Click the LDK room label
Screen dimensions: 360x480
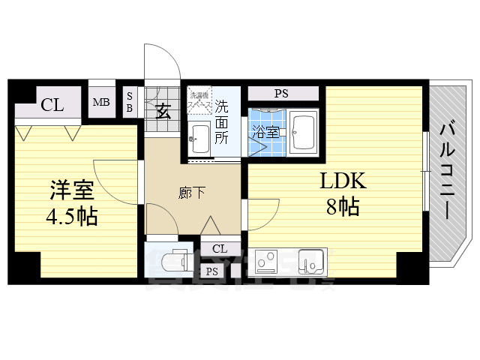coord(342,181)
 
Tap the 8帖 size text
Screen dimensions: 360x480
coord(342,207)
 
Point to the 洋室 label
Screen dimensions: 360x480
coord(71,188)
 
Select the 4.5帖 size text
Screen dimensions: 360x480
coord(71,217)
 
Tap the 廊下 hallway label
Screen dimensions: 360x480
coord(193,193)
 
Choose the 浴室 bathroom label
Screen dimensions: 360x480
coord(266,133)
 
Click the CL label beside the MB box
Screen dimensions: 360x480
coord(52,104)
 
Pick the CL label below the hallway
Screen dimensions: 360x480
coord(220,248)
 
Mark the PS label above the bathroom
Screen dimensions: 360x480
coord(281,94)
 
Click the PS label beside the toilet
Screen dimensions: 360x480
coord(212,271)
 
